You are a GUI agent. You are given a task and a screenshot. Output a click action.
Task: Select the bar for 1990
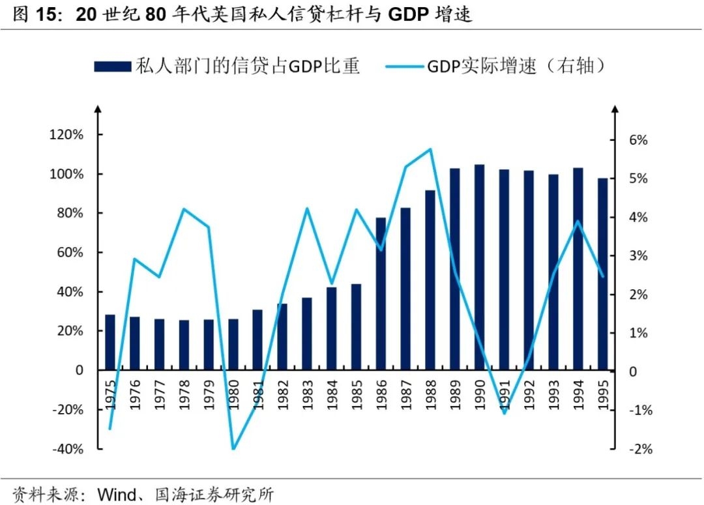(x=479, y=267)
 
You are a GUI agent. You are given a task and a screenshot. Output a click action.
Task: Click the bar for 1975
(x=110, y=342)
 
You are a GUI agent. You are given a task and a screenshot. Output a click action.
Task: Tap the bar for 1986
(x=381, y=293)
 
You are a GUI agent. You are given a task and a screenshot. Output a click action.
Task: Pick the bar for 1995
(x=602, y=274)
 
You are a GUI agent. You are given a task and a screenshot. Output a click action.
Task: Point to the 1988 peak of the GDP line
(x=430, y=149)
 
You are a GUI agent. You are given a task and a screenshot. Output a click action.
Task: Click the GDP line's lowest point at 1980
(x=233, y=448)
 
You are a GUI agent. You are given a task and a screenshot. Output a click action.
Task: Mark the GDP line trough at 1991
(x=504, y=412)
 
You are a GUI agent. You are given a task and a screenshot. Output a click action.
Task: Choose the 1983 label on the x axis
(x=307, y=394)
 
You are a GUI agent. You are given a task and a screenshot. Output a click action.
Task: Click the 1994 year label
(x=578, y=394)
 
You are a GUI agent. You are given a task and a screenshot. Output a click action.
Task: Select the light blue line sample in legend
(x=403, y=66)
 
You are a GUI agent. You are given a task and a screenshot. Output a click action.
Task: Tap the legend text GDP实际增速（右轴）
(x=515, y=66)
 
